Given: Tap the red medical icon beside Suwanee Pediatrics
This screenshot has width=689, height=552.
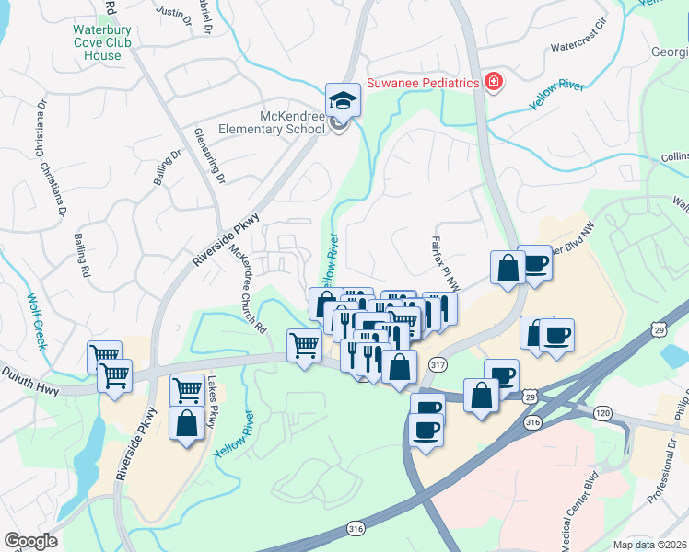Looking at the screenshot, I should coord(495,83).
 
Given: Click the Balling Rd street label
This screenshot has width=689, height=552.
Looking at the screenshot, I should coord(83,256).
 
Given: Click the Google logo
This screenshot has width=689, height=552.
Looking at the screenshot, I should coord(30,540).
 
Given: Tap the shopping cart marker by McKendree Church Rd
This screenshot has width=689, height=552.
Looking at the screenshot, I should coord(305,346).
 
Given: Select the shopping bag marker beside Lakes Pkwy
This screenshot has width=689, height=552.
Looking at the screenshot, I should coord(186,425).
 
